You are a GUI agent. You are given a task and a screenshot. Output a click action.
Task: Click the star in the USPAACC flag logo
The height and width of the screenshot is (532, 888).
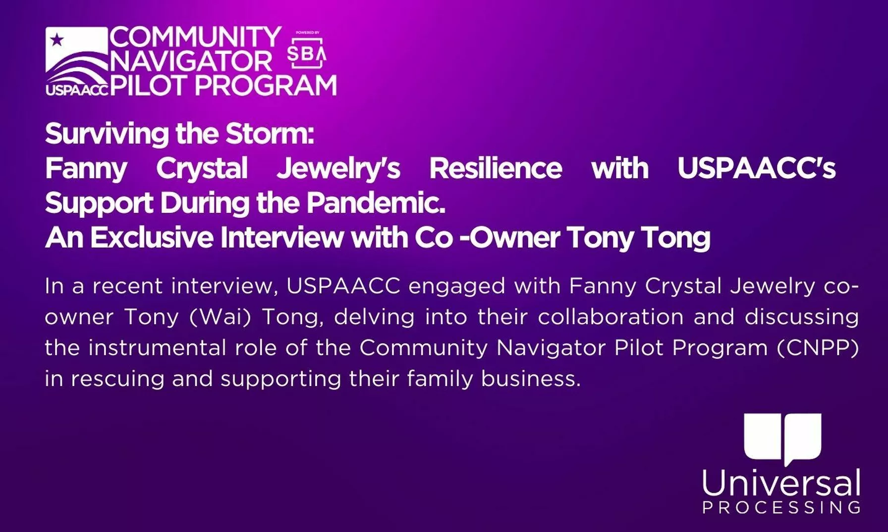pyautogui.click(x=57, y=40)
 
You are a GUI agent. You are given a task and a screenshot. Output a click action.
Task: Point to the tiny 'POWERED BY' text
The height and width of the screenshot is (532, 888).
pyautogui.click(x=307, y=33)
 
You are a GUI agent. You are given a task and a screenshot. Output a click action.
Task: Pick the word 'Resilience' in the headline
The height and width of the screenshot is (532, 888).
pyautogui.click(x=496, y=168)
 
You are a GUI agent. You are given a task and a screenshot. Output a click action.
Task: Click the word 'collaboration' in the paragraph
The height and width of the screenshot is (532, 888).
pyautogui.click(x=611, y=317)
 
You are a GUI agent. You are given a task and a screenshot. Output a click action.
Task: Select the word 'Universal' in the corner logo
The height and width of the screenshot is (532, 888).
pyautogui.click(x=781, y=483)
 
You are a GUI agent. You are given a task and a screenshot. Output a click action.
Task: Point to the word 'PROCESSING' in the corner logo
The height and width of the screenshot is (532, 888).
pyautogui.click(x=781, y=508)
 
